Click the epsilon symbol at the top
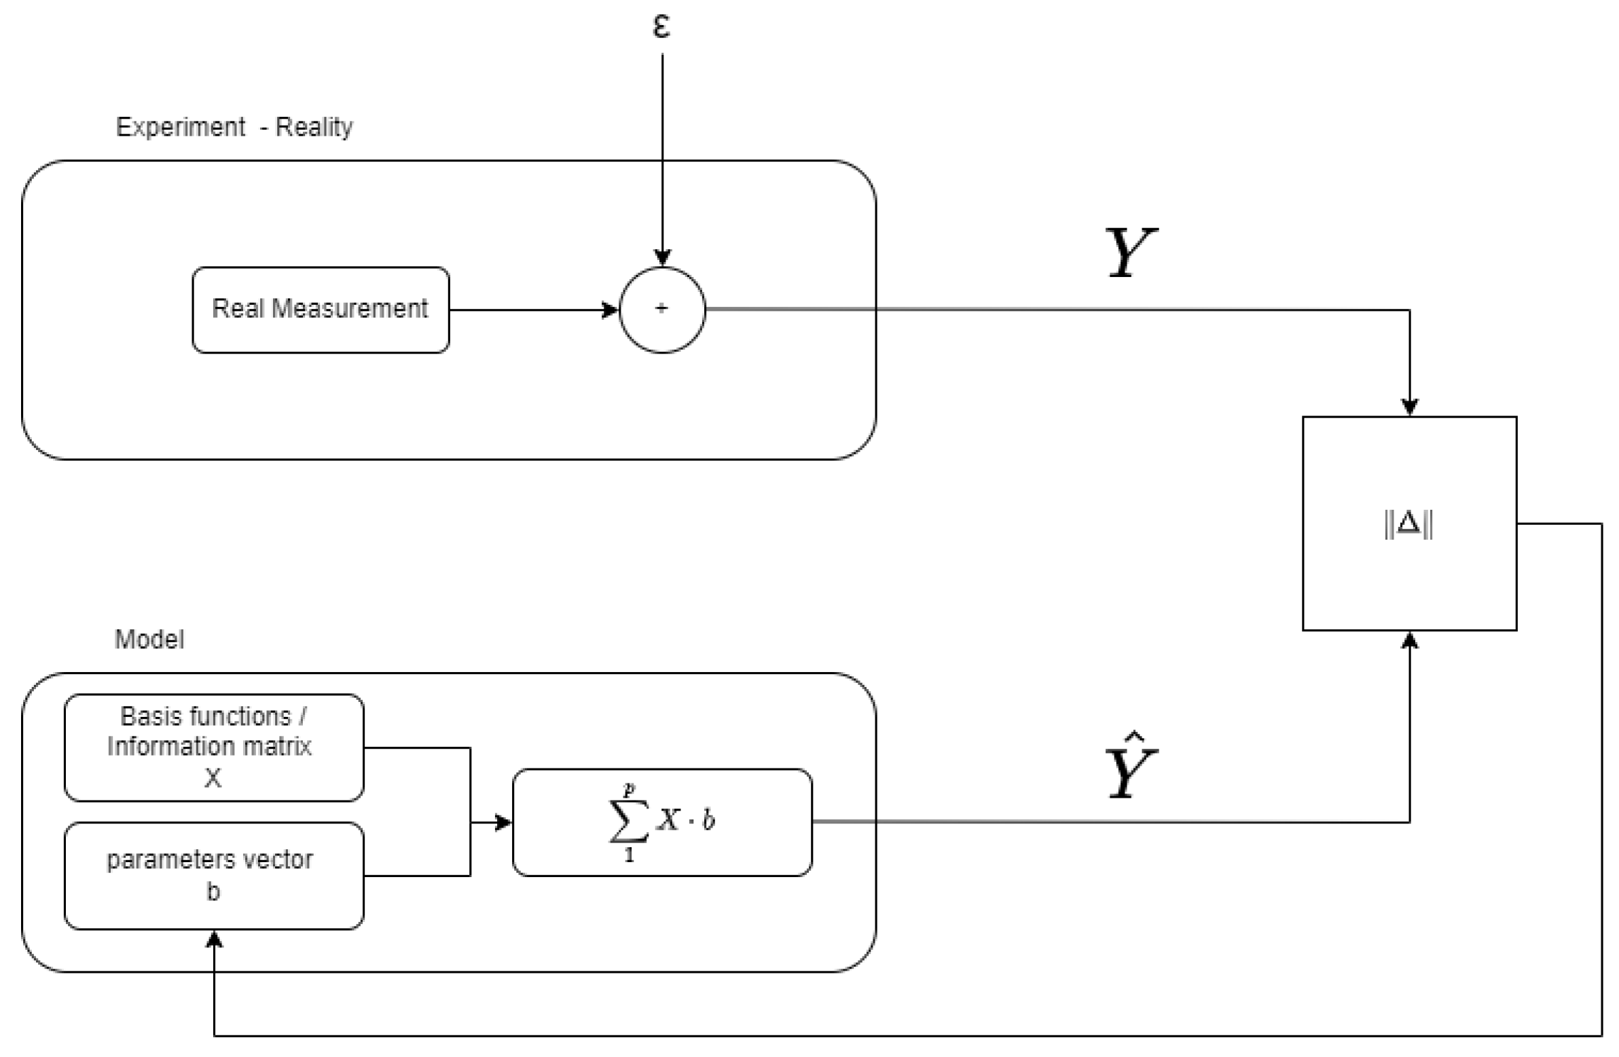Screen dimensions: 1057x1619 [661, 26]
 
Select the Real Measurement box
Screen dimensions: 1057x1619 [321, 310]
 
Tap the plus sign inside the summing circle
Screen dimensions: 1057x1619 [661, 309]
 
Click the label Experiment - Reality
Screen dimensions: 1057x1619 [234, 127]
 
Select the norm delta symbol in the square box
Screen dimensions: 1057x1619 [1408, 523]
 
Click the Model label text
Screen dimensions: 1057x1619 [149, 639]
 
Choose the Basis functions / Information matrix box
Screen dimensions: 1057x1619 [214, 747]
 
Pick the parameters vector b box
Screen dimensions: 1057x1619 [214, 875]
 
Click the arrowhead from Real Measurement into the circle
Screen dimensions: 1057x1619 [611, 310]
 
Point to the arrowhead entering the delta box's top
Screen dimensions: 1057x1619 [1409, 407]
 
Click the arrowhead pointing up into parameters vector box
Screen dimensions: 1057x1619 [215, 940]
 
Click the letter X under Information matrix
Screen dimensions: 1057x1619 [213, 777]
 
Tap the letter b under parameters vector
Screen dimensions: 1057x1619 [213, 891]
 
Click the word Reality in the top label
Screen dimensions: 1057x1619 [314, 127]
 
